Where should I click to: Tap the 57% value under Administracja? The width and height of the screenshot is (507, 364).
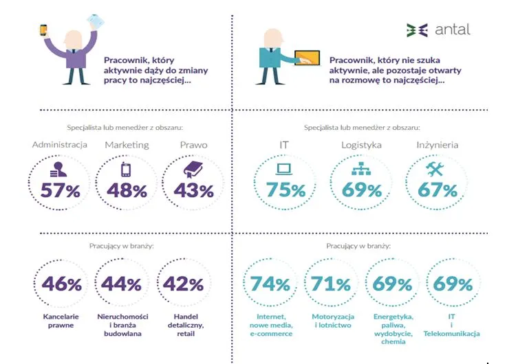(61, 190)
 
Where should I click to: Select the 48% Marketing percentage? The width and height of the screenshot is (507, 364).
(127, 190)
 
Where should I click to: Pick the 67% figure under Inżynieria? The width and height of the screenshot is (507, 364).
(438, 190)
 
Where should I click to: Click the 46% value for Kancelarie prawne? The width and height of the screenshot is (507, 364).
(62, 284)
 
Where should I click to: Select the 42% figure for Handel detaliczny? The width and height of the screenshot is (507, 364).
(184, 284)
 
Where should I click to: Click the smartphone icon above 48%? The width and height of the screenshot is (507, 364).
(126, 169)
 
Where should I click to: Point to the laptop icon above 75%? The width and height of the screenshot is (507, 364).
(284, 169)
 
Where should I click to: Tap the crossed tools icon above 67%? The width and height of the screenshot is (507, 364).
(436, 168)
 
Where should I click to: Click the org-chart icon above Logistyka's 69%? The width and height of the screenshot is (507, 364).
(360, 169)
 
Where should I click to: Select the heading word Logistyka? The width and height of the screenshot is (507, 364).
(361, 145)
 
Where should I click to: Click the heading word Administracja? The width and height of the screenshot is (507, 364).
(61, 145)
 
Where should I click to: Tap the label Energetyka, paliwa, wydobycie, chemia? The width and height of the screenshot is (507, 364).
(393, 329)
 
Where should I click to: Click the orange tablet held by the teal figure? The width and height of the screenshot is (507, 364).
(308, 57)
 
